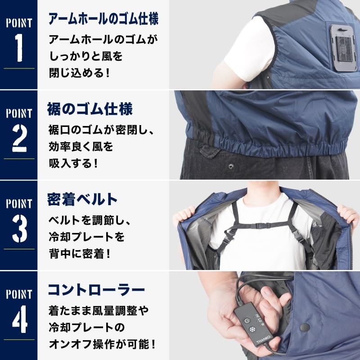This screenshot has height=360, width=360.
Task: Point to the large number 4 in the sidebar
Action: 19,319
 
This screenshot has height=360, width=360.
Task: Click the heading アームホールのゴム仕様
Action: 103,19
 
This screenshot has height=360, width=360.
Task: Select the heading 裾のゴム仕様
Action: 90,109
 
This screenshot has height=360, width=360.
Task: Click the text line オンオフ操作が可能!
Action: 102,345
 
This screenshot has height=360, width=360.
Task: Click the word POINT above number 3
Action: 19,204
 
